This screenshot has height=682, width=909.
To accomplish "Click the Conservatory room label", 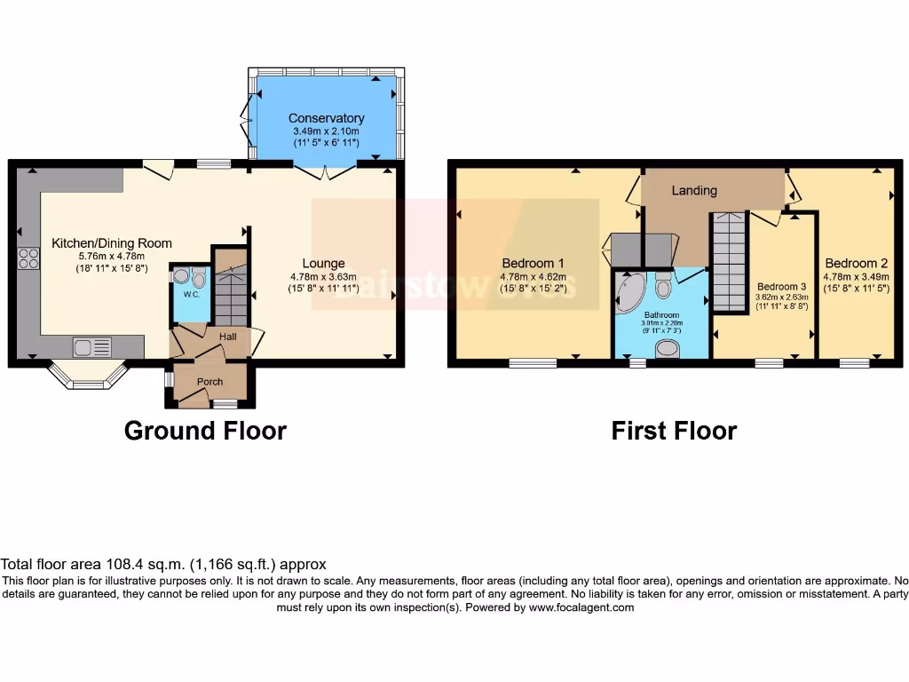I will pyautogui.click(x=326, y=118).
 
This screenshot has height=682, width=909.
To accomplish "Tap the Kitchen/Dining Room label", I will pyautogui.click(x=112, y=243).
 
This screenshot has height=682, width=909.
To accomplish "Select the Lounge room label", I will pyautogui.click(x=322, y=263).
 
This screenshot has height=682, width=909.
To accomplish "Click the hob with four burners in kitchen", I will pyautogui.click(x=28, y=258).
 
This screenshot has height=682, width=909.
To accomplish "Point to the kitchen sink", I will pyautogui.click(x=91, y=346).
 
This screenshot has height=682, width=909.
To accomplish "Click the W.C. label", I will pyautogui.click(x=189, y=294).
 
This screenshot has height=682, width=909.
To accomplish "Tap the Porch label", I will pyautogui.click(x=210, y=382).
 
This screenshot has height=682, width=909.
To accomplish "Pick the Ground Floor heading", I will pyautogui.click(x=205, y=431).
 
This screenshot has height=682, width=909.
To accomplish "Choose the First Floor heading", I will pyautogui.click(x=674, y=431).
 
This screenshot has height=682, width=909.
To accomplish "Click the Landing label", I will pyautogui.click(x=694, y=190).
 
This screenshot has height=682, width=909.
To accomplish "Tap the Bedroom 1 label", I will pyautogui.click(x=533, y=263).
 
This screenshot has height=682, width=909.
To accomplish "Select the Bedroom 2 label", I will pyautogui.click(x=856, y=263).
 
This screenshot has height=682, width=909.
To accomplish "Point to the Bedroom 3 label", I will pyautogui.click(x=781, y=286).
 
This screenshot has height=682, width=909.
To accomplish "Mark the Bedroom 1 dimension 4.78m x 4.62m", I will pyautogui.click(x=533, y=276).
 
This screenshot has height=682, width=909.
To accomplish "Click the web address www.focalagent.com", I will pyautogui.click(x=581, y=608).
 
